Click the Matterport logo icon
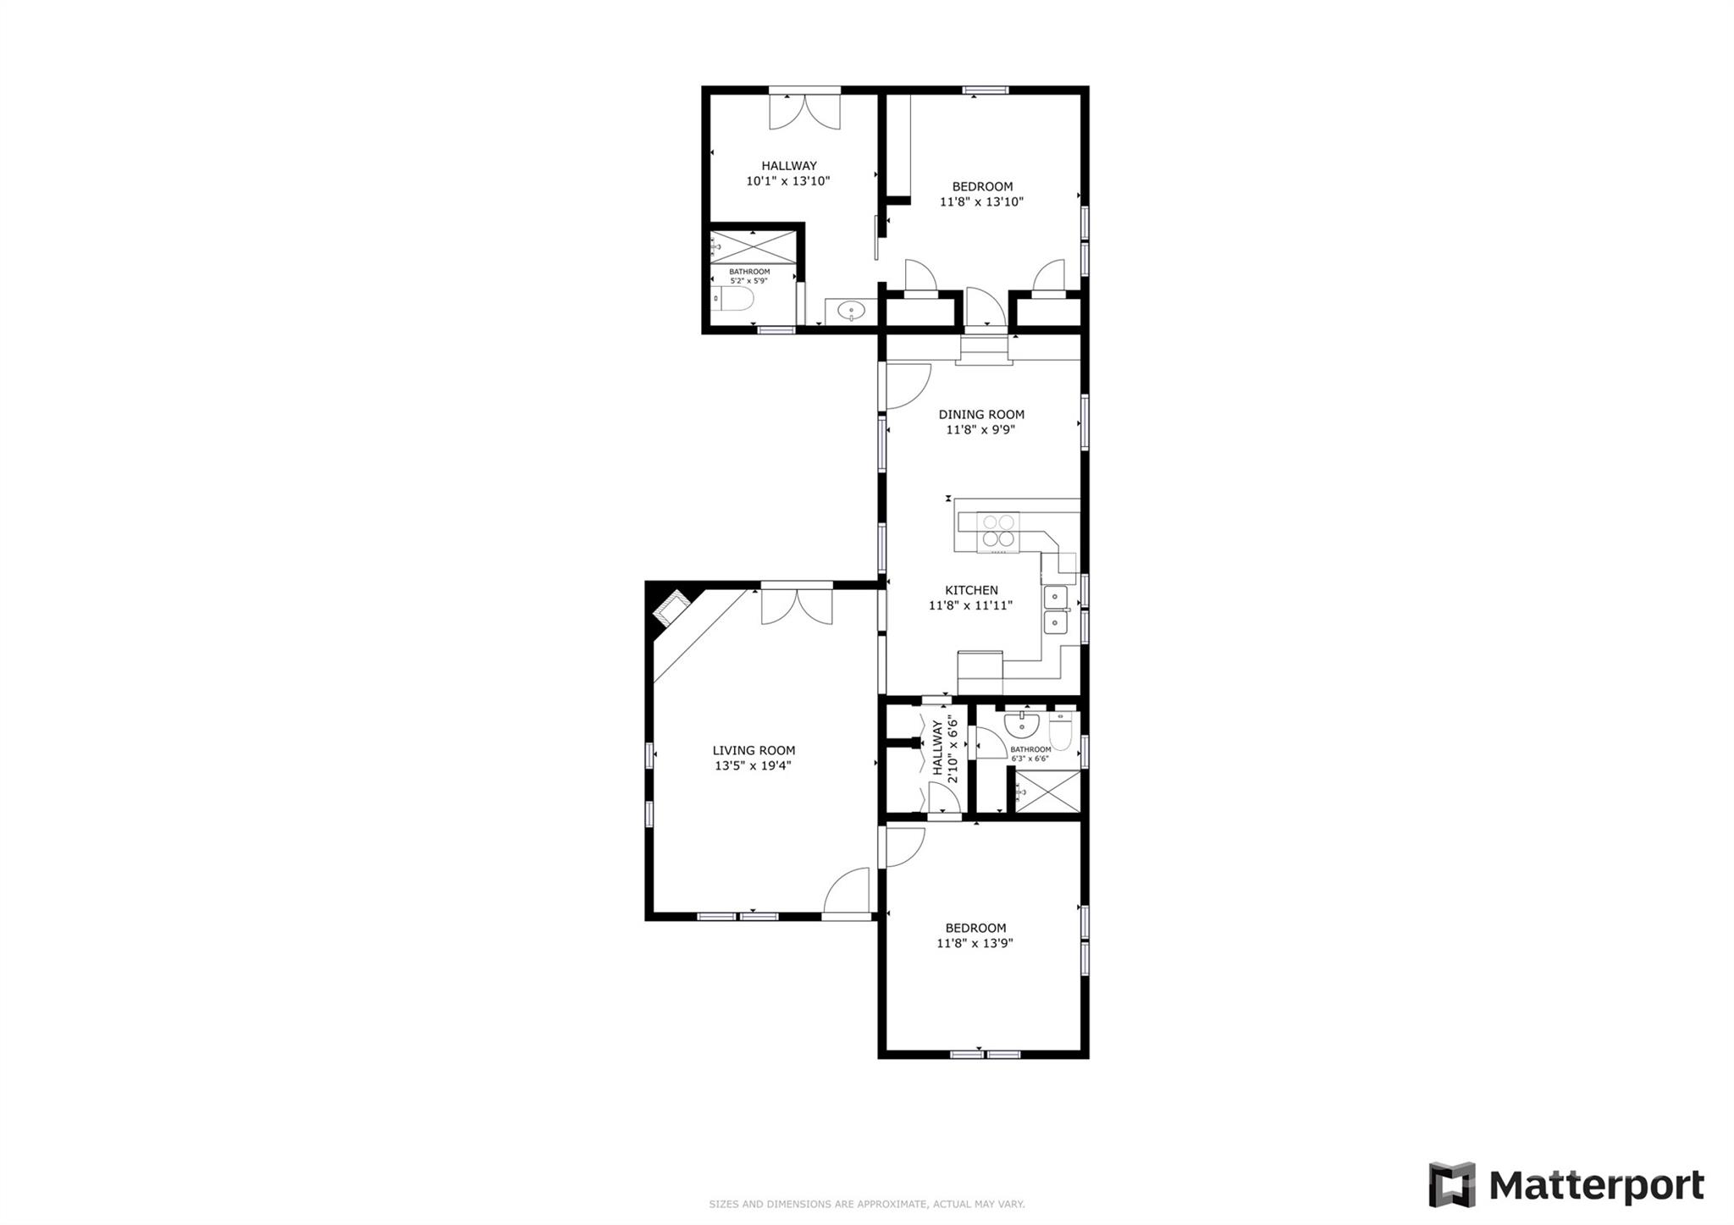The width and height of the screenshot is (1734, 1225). pos(1452,1185)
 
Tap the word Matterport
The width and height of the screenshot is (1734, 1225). pos(1596,1186)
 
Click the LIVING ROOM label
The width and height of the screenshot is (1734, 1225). pos(754,750)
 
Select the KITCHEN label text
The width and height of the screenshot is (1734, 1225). pos(971,590)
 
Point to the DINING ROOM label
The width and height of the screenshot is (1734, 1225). pos(981,414)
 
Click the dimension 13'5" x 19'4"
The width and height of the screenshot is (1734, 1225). pos(754,766)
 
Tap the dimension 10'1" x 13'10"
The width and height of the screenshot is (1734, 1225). pos(788,181)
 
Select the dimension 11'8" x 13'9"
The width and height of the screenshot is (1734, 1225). pos(975,943)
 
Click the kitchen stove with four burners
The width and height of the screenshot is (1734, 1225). pos(998,531)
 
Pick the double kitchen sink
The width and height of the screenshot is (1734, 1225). pos(1055,610)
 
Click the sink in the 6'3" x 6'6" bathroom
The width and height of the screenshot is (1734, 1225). pos(1022,725)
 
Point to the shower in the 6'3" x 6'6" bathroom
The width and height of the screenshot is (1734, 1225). pos(1046,792)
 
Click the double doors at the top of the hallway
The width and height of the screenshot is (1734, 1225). pos(804,110)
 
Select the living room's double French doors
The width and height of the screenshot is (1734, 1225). pos(797,605)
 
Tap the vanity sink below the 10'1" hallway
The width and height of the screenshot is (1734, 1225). pos(850,312)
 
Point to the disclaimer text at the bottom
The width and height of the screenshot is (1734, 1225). pos(866,1204)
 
